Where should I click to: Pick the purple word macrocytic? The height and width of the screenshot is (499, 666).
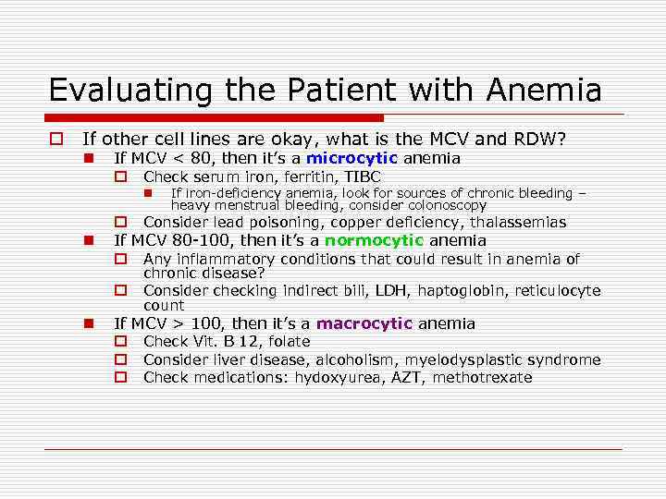[364, 323]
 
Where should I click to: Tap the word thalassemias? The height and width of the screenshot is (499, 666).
[519, 223]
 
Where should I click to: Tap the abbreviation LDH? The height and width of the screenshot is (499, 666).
[391, 290]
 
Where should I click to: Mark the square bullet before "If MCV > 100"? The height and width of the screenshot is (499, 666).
[88, 323]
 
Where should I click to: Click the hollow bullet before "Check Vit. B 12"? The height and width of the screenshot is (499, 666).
[119, 342]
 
